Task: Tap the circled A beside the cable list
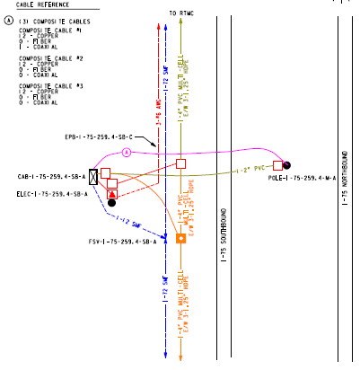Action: [x=8, y=19]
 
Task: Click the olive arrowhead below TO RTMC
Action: [x=181, y=25]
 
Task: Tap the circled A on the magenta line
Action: [x=127, y=154]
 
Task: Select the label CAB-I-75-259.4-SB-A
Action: [x=43, y=177]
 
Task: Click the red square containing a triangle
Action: [x=112, y=192]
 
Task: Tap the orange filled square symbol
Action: [x=180, y=238]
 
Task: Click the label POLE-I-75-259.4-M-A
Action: [x=303, y=178]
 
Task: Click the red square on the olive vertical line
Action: [x=180, y=163]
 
